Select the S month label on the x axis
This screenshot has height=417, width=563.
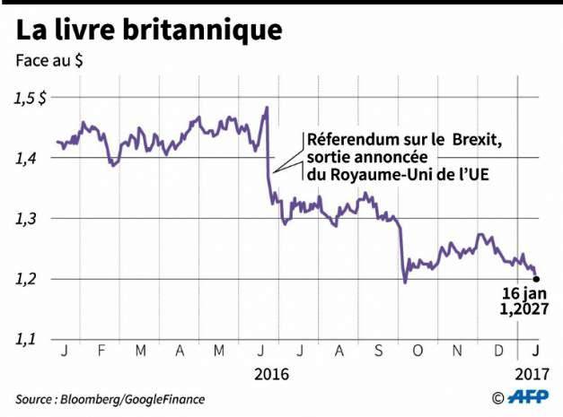[378, 350]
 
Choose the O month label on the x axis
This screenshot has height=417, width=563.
[417, 350]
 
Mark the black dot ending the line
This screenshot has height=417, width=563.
[536, 278]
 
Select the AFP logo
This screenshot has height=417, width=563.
[531, 397]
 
